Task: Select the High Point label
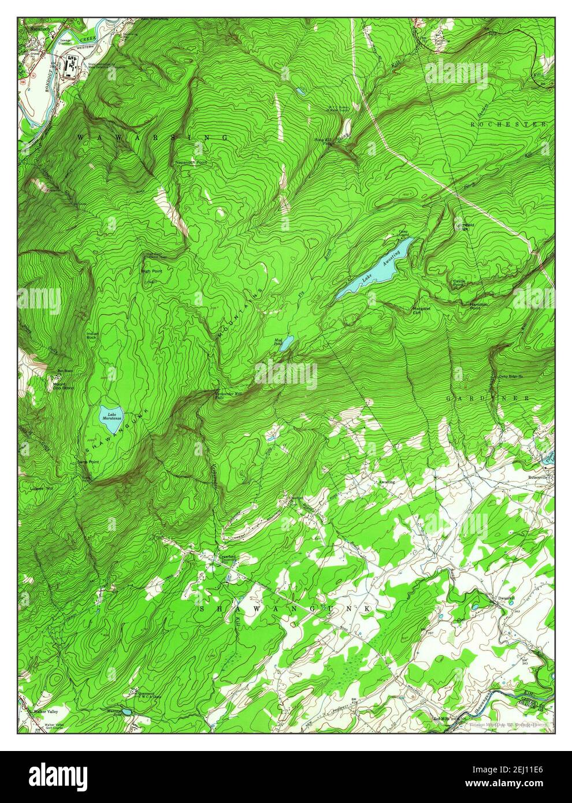click(150, 270)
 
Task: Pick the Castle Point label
click(460, 283)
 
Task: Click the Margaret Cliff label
click(421, 311)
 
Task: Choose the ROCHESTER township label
click(508, 124)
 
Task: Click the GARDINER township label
click(488, 399)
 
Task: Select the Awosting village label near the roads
click(387, 481)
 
